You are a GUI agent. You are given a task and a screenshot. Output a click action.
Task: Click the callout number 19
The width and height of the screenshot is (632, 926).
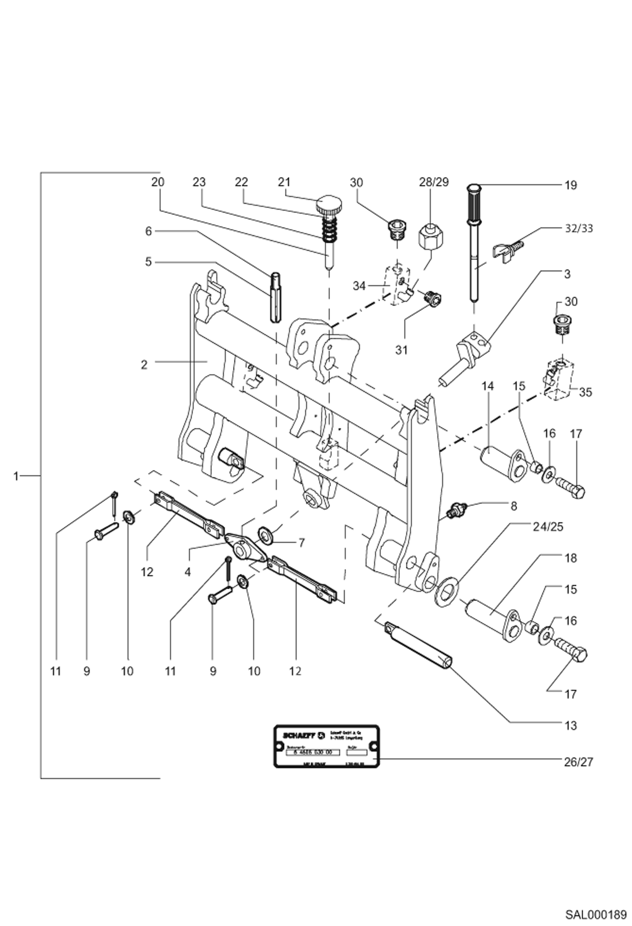click(570, 185)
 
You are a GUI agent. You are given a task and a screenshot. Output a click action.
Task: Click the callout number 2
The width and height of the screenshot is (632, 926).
click(144, 365)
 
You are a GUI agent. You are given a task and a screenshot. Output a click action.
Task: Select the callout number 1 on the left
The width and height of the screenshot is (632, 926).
click(16, 477)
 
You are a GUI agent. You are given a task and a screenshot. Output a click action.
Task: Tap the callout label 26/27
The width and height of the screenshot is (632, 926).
click(578, 762)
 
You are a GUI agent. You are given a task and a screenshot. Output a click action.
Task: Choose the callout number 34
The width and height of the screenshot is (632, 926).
click(359, 286)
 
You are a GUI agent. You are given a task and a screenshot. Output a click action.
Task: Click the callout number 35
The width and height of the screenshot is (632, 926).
click(585, 393)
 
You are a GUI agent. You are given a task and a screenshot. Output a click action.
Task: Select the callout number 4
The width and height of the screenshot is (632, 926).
click(187, 572)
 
